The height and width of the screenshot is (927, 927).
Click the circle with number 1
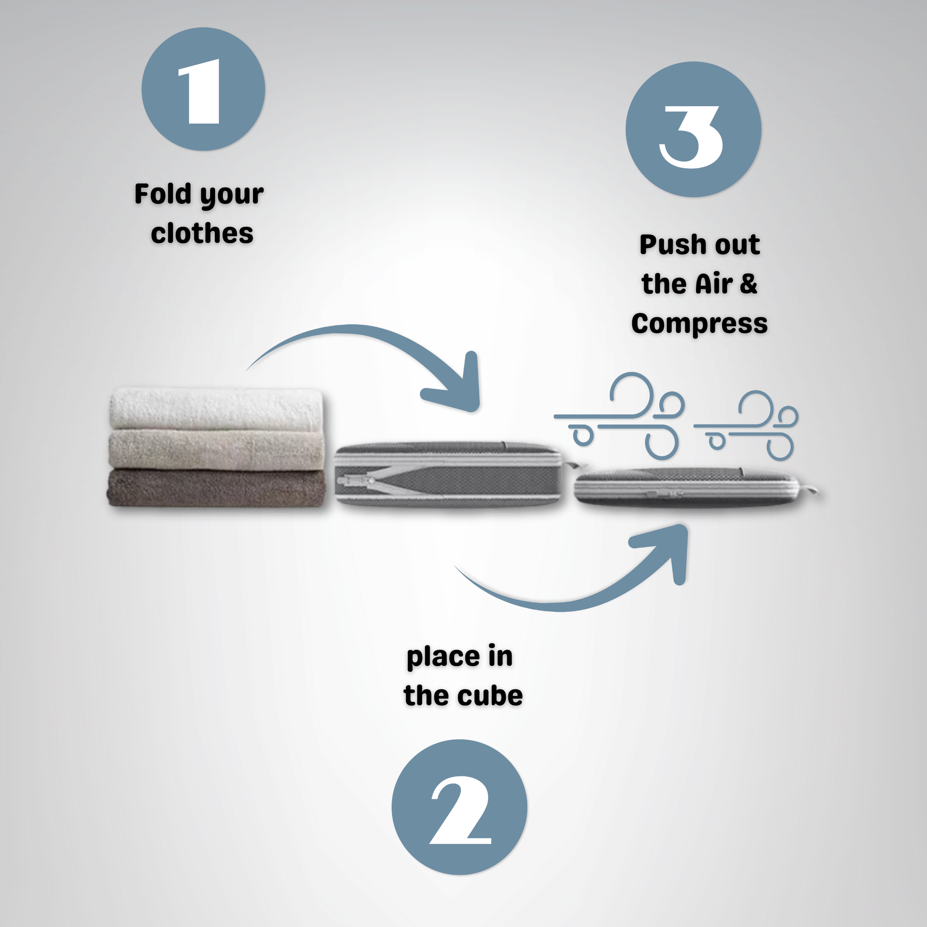click(x=203, y=89)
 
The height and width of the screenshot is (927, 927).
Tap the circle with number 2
click(x=459, y=807)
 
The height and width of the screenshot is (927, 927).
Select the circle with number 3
click(x=693, y=129)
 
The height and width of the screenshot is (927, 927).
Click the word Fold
click(x=163, y=194)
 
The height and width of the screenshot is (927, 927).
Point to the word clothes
click(x=202, y=234)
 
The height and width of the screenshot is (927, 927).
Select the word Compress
click(x=700, y=324)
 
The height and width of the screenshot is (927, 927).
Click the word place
click(x=443, y=657)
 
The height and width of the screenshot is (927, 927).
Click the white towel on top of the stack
click(x=216, y=409)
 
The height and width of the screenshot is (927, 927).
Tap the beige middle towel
click(x=217, y=450)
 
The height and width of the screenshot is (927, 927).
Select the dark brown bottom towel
click(x=216, y=487)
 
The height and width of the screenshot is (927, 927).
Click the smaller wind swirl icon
click(x=746, y=426)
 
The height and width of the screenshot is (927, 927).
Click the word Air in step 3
click(x=714, y=284)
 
